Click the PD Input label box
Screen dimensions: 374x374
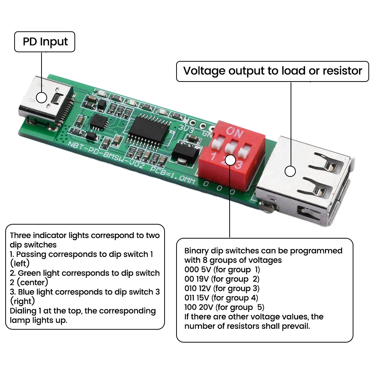(x=45, y=42)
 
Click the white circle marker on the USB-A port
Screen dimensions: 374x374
(x=290, y=171)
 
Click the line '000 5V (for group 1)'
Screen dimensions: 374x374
(x=222, y=270)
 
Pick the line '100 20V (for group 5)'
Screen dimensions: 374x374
(x=224, y=307)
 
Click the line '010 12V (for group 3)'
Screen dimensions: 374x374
(x=222, y=288)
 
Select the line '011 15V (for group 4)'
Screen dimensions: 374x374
(x=222, y=298)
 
